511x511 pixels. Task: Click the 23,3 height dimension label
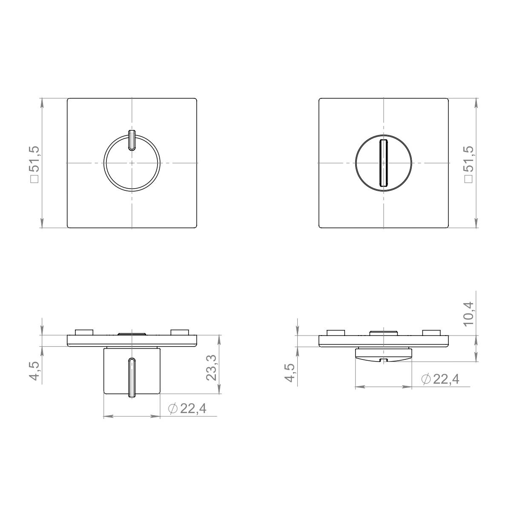click(212, 369)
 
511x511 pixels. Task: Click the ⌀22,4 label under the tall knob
click(187, 409)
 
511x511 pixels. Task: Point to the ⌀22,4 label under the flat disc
click(440, 379)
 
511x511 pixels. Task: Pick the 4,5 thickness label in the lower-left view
click(35, 371)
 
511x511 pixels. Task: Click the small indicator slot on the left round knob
click(132, 140)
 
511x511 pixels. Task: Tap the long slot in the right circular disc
click(383, 163)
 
